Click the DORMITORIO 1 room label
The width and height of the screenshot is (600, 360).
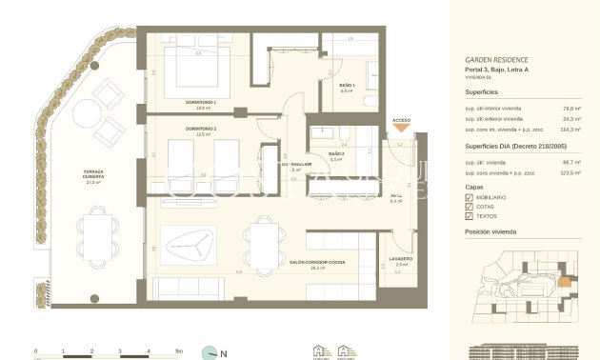pos(201,101)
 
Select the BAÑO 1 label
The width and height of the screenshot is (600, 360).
pos(347,86)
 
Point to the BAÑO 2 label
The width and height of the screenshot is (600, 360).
pos(336,153)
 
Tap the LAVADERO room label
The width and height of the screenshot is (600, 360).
pos(401,258)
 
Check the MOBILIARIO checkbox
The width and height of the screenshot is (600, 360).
pos(469,196)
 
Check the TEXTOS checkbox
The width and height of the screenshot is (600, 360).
pos(469,216)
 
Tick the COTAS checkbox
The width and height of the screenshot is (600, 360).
pos(469,206)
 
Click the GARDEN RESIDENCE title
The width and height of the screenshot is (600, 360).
pos(490,59)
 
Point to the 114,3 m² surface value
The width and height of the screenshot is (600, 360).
pos(570,129)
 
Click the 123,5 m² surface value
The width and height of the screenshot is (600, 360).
pos(570,173)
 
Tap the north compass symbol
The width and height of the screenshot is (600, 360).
pos(210,352)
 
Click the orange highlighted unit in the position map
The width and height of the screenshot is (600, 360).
pos(563,282)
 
